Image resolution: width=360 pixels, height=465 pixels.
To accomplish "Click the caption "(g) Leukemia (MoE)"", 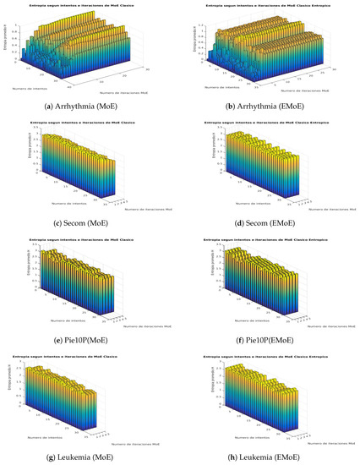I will tap(90, 457).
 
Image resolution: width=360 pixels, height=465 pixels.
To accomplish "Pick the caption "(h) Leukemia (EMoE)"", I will tap(269, 457).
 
